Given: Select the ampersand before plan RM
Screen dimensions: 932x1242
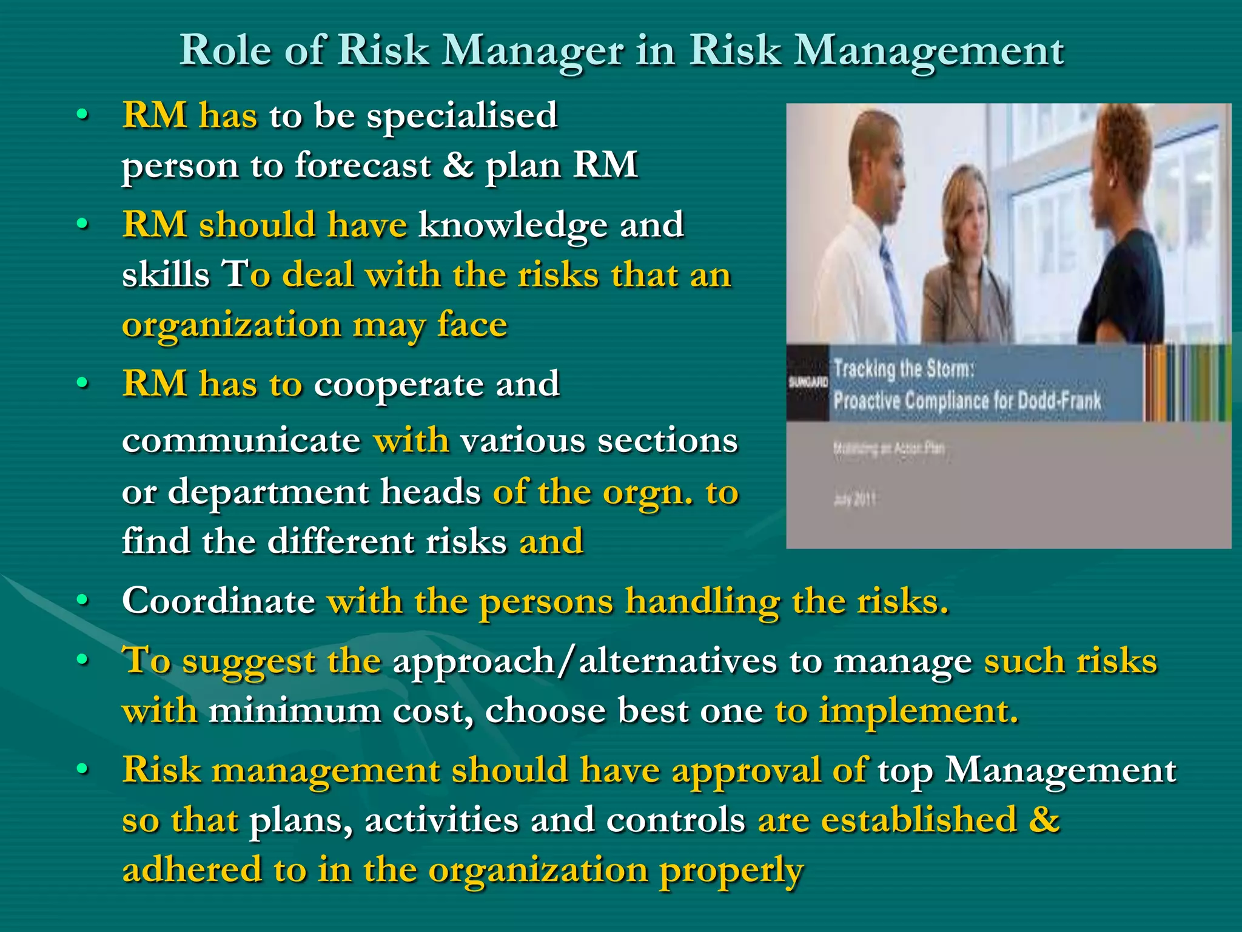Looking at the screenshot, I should click(458, 164).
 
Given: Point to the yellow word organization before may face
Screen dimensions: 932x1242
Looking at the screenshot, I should click(232, 325).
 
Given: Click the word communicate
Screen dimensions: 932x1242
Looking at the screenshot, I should click(241, 440).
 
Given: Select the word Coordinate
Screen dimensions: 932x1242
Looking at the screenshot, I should click(218, 601).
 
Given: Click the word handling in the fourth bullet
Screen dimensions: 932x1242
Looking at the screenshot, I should click(702, 602).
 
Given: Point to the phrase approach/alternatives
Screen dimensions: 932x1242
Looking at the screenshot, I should click(585, 661).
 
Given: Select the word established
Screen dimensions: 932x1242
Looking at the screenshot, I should click(918, 820).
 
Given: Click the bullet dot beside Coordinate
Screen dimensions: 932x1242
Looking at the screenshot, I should click(83, 600).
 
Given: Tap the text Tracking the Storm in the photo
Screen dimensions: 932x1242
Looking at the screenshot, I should click(904, 368).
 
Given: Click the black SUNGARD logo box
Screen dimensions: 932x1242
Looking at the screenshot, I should click(807, 382).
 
